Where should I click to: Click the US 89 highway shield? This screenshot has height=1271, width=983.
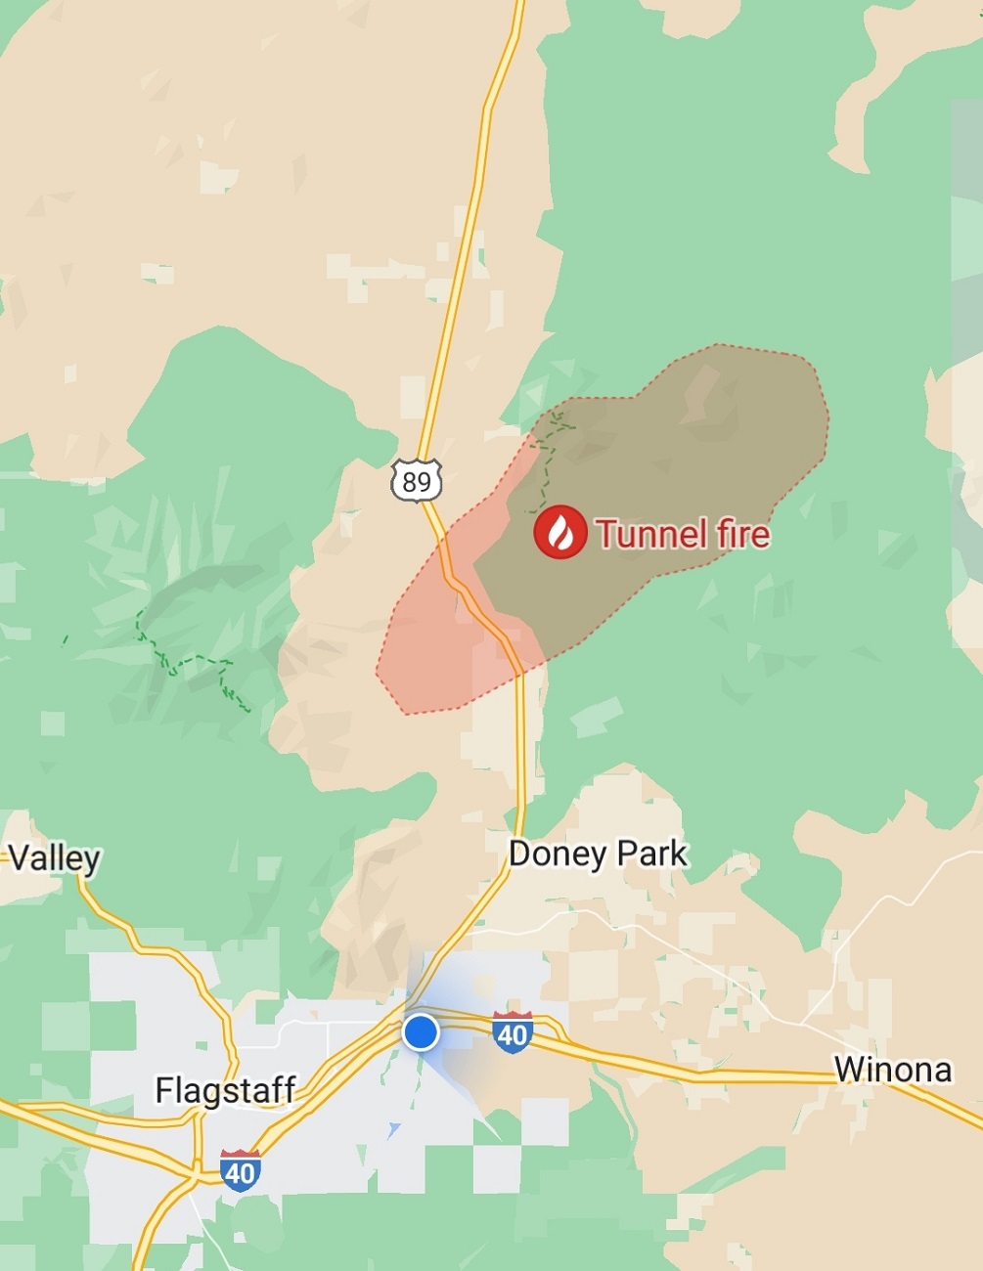point(417,480)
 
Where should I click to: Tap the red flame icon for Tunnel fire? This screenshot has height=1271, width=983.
point(560,533)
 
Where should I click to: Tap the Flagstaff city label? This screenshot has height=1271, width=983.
point(225,1089)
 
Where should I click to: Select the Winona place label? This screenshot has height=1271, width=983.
point(892,1070)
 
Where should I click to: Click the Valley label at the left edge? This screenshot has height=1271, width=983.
point(54,858)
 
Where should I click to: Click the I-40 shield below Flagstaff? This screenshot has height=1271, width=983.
point(240,1170)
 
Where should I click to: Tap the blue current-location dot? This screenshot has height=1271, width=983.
point(421,1032)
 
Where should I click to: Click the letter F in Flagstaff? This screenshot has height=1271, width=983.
point(164,1089)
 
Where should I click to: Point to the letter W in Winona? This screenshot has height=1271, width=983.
point(847,1070)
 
